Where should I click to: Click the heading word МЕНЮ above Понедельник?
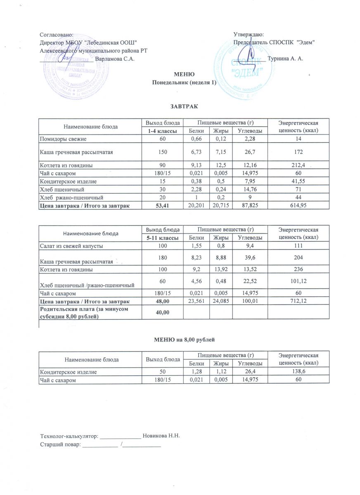(182, 75)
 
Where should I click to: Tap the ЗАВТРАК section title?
(182, 106)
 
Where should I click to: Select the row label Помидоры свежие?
(62, 139)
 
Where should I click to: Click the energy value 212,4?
(298, 165)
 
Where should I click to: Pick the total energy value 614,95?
(298, 205)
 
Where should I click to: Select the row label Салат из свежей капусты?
(71, 246)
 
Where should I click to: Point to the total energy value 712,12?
(298, 301)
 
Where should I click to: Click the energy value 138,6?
(298, 372)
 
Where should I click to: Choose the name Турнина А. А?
(286, 59)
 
